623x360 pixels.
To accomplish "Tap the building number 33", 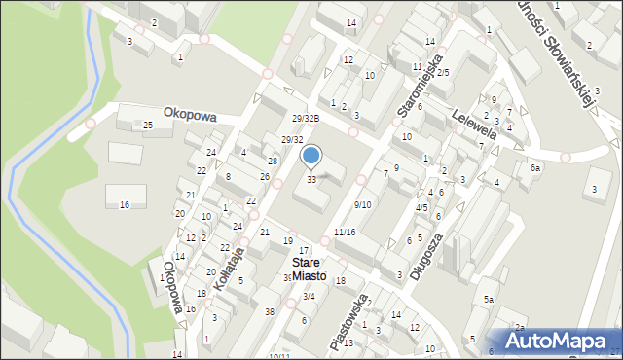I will [x=311, y=179].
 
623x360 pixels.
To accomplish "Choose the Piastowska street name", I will [x=348, y=321].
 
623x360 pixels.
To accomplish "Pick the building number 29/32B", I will [x=306, y=118].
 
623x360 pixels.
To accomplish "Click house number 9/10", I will [x=362, y=204].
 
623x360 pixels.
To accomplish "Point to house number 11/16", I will [x=345, y=232].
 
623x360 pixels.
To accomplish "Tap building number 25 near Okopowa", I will [x=147, y=126].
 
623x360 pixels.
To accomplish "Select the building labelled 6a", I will [x=534, y=168].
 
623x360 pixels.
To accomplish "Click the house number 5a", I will [x=491, y=300].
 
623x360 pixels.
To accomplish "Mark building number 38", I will [x=269, y=311].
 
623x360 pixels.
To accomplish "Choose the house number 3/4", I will [x=309, y=297].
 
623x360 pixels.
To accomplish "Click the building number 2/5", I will [x=442, y=73].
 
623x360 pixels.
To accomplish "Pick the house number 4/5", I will [x=421, y=207].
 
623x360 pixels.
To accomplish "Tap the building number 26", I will [x=265, y=176].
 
